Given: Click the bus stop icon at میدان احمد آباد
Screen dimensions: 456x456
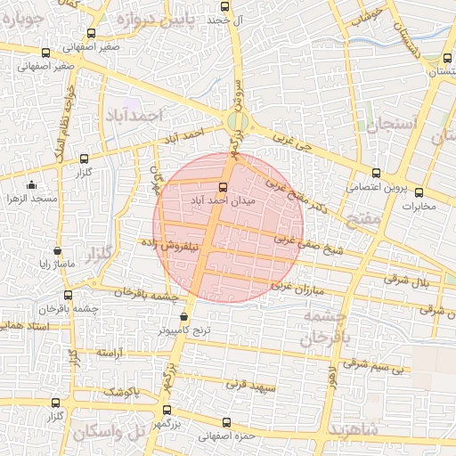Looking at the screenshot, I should (x=223, y=187).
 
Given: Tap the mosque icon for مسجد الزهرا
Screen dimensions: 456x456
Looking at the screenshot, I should (x=32, y=185).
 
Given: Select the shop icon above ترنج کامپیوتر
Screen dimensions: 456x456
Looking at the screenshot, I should (x=183, y=316).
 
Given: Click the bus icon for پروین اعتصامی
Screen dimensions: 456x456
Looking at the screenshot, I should (x=375, y=174).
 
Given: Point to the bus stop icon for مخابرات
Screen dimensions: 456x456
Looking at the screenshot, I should (x=418, y=193).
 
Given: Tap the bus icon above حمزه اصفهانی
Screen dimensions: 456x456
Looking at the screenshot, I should (x=224, y=423).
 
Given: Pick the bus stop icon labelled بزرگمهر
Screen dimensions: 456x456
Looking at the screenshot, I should (x=167, y=411).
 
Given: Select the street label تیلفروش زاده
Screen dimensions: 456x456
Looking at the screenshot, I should (x=174, y=242).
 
